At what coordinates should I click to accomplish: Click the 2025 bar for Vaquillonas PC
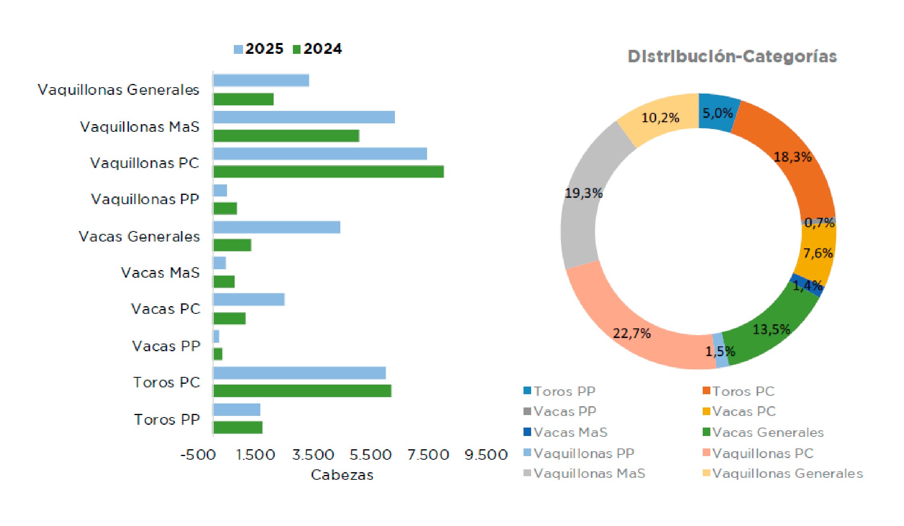pos(320,154)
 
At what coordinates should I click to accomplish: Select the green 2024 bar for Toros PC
pos(302,391)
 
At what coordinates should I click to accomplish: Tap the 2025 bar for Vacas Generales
pos(276,227)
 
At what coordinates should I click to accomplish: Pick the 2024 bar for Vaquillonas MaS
pos(286,136)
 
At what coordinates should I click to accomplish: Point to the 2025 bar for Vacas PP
pos(216,336)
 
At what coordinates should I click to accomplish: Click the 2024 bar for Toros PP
pos(237,428)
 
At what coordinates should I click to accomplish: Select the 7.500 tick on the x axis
pos(428,455)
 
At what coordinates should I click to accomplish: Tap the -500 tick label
pos(198,455)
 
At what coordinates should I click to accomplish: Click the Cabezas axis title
pos(342,475)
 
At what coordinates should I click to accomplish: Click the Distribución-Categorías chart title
pos(732,57)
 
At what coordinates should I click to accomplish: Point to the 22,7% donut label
pos(632,333)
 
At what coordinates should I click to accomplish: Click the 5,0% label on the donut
pos(718,113)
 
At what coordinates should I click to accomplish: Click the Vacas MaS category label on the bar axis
pos(160,273)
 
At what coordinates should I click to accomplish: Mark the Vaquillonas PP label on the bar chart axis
pos(145,199)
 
